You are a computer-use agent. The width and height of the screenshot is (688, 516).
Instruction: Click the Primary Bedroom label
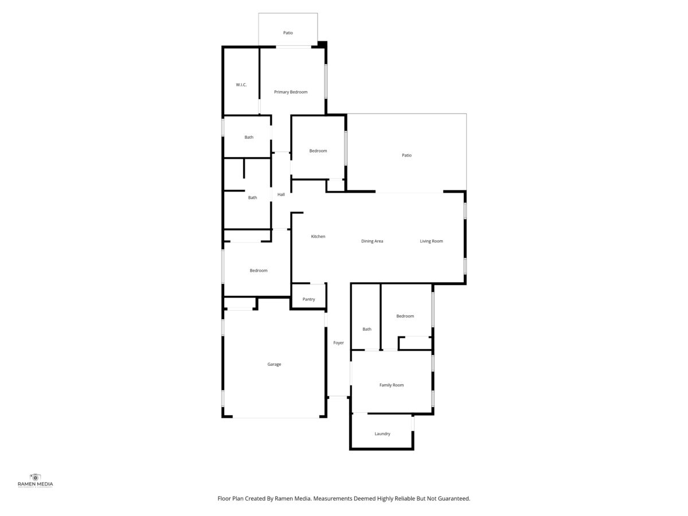(291, 92)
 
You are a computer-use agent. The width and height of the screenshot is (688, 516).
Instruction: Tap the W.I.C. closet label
(241, 85)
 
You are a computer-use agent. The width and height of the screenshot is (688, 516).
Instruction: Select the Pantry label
(308, 299)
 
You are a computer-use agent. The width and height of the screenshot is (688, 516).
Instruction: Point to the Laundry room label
(382, 433)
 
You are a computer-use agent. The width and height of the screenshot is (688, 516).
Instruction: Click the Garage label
(274, 364)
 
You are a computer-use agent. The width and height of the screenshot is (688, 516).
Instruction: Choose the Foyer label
(338, 343)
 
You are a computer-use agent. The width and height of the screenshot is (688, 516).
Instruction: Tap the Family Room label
(391, 385)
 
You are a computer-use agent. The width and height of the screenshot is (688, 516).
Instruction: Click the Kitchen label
(318, 236)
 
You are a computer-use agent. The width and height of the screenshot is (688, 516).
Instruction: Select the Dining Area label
(372, 241)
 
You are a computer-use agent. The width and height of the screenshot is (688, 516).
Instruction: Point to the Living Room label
(431, 241)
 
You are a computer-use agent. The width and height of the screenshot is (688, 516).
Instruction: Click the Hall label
(281, 194)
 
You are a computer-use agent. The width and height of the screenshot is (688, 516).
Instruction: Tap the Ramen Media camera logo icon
(35, 478)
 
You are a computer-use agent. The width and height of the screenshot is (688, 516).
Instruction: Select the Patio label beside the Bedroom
(406, 155)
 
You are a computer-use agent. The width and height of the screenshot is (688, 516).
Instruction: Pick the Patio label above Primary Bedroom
(288, 33)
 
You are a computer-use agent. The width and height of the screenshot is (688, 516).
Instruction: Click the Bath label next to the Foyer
(367, 329)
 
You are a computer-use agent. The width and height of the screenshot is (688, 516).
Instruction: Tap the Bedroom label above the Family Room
(405, 316)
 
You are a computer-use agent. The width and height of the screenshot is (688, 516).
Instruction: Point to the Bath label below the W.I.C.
(249, 137)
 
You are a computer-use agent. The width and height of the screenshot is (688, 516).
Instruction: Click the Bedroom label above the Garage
(258, 271)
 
